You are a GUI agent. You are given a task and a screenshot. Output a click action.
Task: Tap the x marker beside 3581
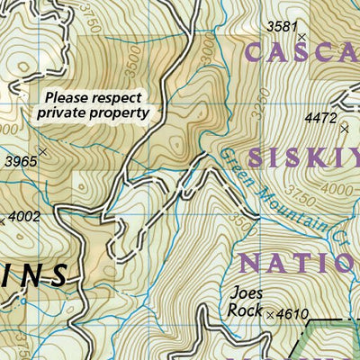tap(302, 37)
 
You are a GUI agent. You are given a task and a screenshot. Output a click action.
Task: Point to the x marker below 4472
tap(344, 130)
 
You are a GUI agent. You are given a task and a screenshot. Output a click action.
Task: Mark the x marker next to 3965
tap(42, 152)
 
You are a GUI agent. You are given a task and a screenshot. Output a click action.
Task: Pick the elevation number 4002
tap(24, 216)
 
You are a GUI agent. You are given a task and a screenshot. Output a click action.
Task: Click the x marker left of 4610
tap(270, 315)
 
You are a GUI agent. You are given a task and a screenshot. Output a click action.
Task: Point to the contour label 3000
tap(210, 53)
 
